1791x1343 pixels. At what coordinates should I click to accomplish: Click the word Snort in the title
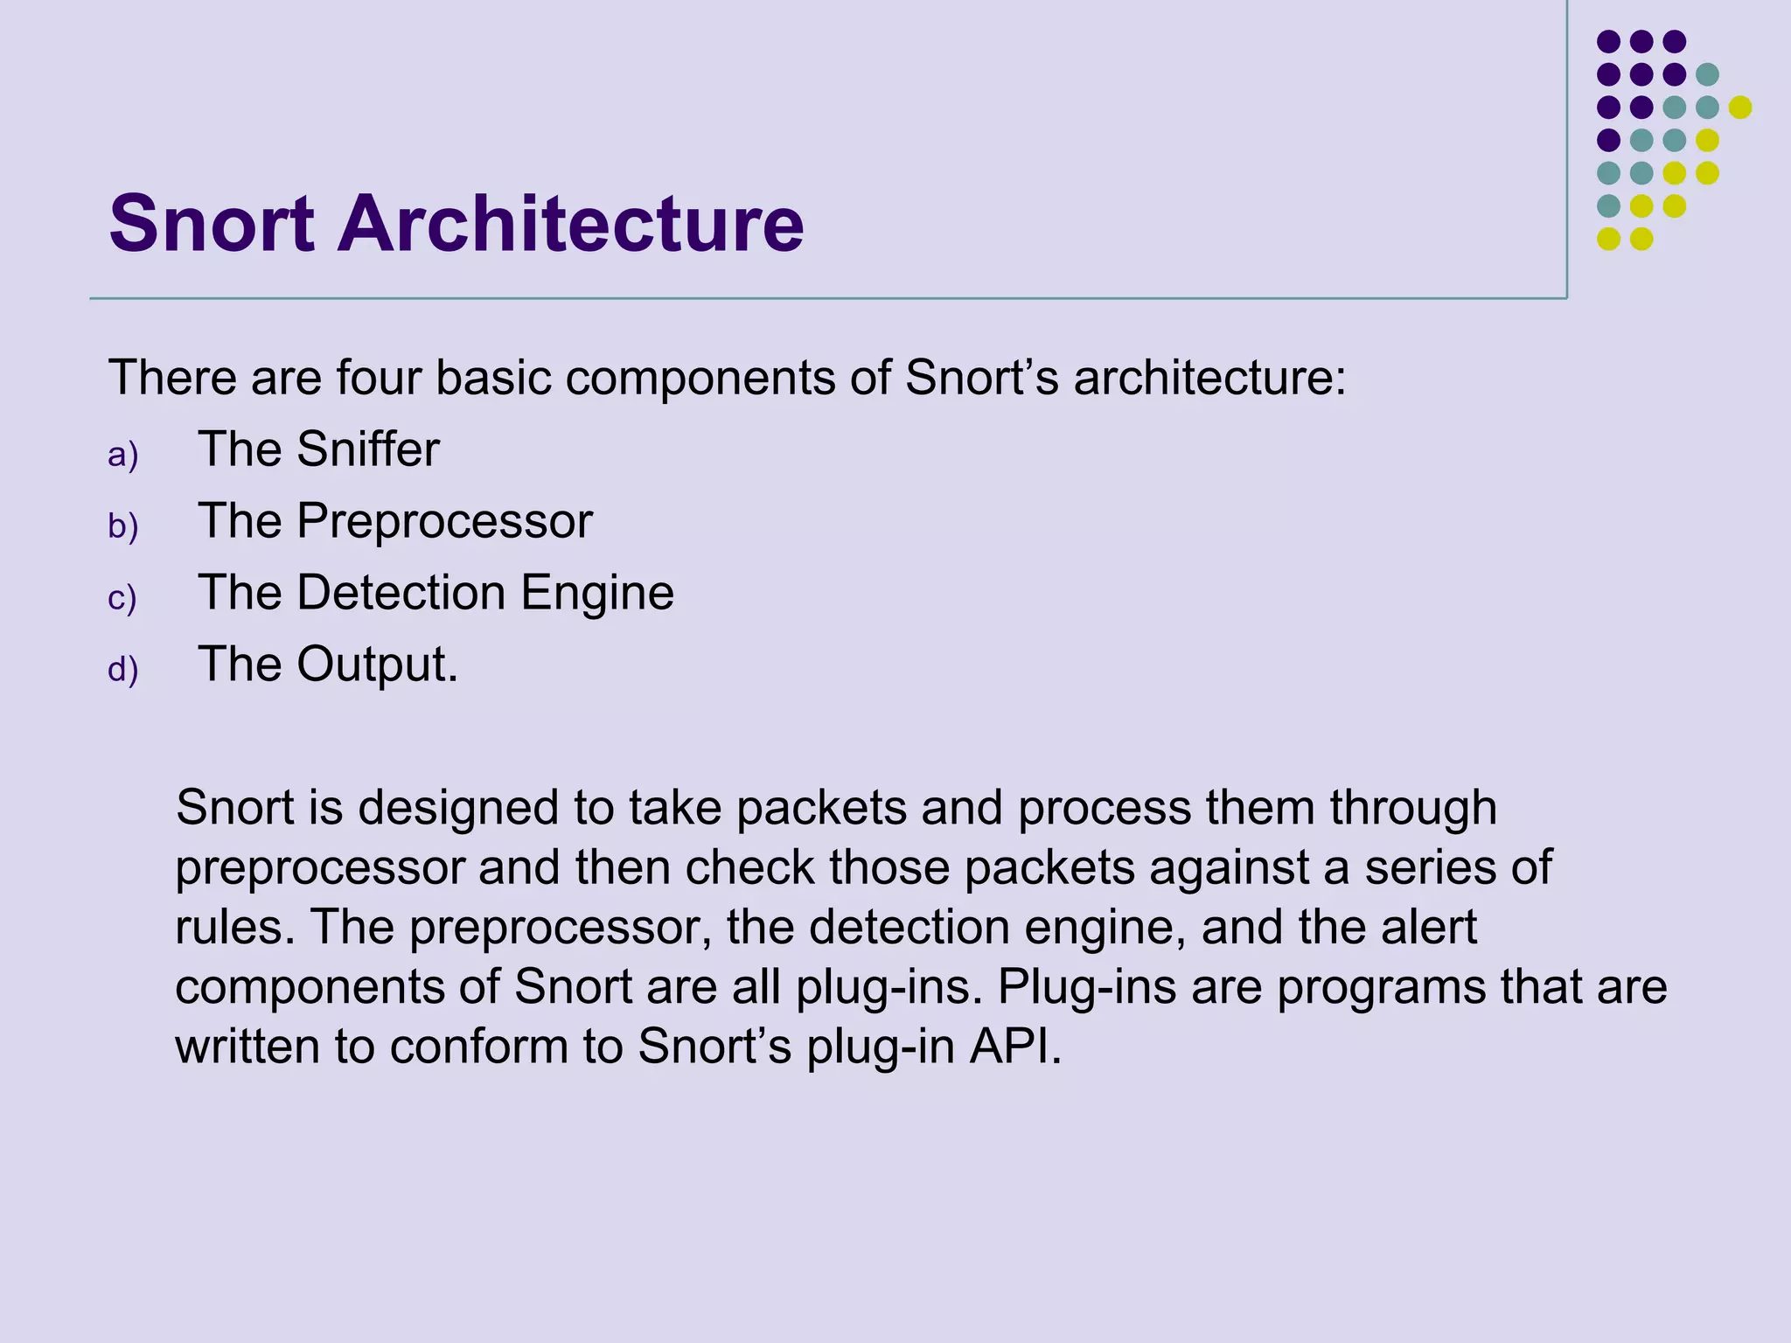[x=212, y=225]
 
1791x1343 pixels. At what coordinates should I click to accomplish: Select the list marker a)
[x=123, y=456]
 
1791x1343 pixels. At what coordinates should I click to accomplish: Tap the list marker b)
[x=123, y=527]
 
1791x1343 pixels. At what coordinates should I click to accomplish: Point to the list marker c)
[x=122, y=599]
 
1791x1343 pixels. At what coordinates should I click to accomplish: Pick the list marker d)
[x=123, y=671]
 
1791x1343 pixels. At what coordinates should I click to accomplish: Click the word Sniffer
[x=367, y=450]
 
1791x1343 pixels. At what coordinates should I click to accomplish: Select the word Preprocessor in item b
[x=444, y=522]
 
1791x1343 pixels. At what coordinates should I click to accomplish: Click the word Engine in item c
[x=597, y=594]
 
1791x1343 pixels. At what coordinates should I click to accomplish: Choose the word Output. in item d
[x=377, y=665]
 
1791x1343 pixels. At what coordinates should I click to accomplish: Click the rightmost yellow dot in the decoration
[x=1740, y=107]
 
